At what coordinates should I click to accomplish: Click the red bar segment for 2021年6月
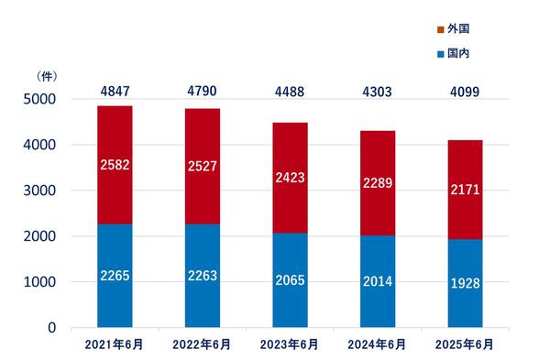(x=115, y=165)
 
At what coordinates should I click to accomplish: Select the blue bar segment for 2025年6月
(x=465, y=283)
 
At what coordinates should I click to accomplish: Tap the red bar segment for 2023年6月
(x=290, y=178)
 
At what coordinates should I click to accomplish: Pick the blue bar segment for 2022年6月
(x=203, y=276)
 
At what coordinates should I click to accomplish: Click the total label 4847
(x=115, y=91)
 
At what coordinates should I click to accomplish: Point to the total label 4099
(x=465, y=92)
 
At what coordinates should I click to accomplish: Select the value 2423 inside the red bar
(x=290, y=178)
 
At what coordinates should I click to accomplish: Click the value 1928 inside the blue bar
(x=465, y=283)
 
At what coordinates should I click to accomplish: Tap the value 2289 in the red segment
(x=378, y=183)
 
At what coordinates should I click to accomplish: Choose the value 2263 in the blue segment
(x=203, y=276)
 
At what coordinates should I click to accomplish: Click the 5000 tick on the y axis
(x=39, y=99)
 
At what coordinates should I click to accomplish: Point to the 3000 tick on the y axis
(x=39, y=191)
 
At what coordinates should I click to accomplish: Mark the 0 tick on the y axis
(x=52, y=328)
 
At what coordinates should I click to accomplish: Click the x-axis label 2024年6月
(x=377, y=344)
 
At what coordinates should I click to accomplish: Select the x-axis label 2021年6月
(x=114, y=344)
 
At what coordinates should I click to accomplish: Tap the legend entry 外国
(x=453, y=29)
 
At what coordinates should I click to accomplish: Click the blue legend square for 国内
(x=441, y=54)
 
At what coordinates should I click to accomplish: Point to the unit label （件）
(x=47, y=76)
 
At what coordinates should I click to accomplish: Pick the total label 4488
(x=290, y=92)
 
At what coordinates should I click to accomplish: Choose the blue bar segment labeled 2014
(x=378, y=281)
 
